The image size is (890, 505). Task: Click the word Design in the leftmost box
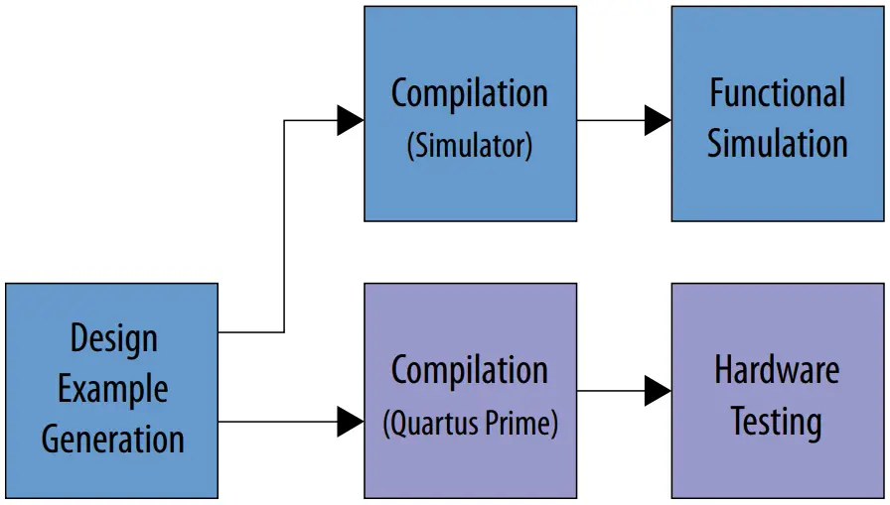click(x=112, y=339)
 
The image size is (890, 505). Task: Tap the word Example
click(x=112, y=389)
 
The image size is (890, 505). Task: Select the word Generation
click(x=112, y=438)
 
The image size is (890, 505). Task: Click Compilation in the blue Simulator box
click(x=469, y=93)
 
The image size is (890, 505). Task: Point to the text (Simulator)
click(x=469, y=146)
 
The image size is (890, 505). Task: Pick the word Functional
click(x=777, y=93)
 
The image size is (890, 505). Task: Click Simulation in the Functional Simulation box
click(x=777, y=144)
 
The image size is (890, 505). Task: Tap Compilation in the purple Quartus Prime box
click(x=469, y=371)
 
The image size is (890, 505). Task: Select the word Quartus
click(x=436, y=424)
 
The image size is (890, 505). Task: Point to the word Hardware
click(x=777, y=370)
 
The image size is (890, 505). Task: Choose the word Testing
click(x=777, y=422)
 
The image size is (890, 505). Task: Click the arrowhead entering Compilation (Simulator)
click(x=351, y=120)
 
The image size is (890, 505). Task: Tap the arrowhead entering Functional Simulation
click(x=658, y=120)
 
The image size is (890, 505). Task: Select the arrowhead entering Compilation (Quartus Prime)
click(x=351, y=422)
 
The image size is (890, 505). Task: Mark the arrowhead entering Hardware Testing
click(x=658, y=391)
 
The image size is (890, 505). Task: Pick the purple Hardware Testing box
click(x=777, y=466)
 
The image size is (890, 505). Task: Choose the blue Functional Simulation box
click(x=777, y=193)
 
